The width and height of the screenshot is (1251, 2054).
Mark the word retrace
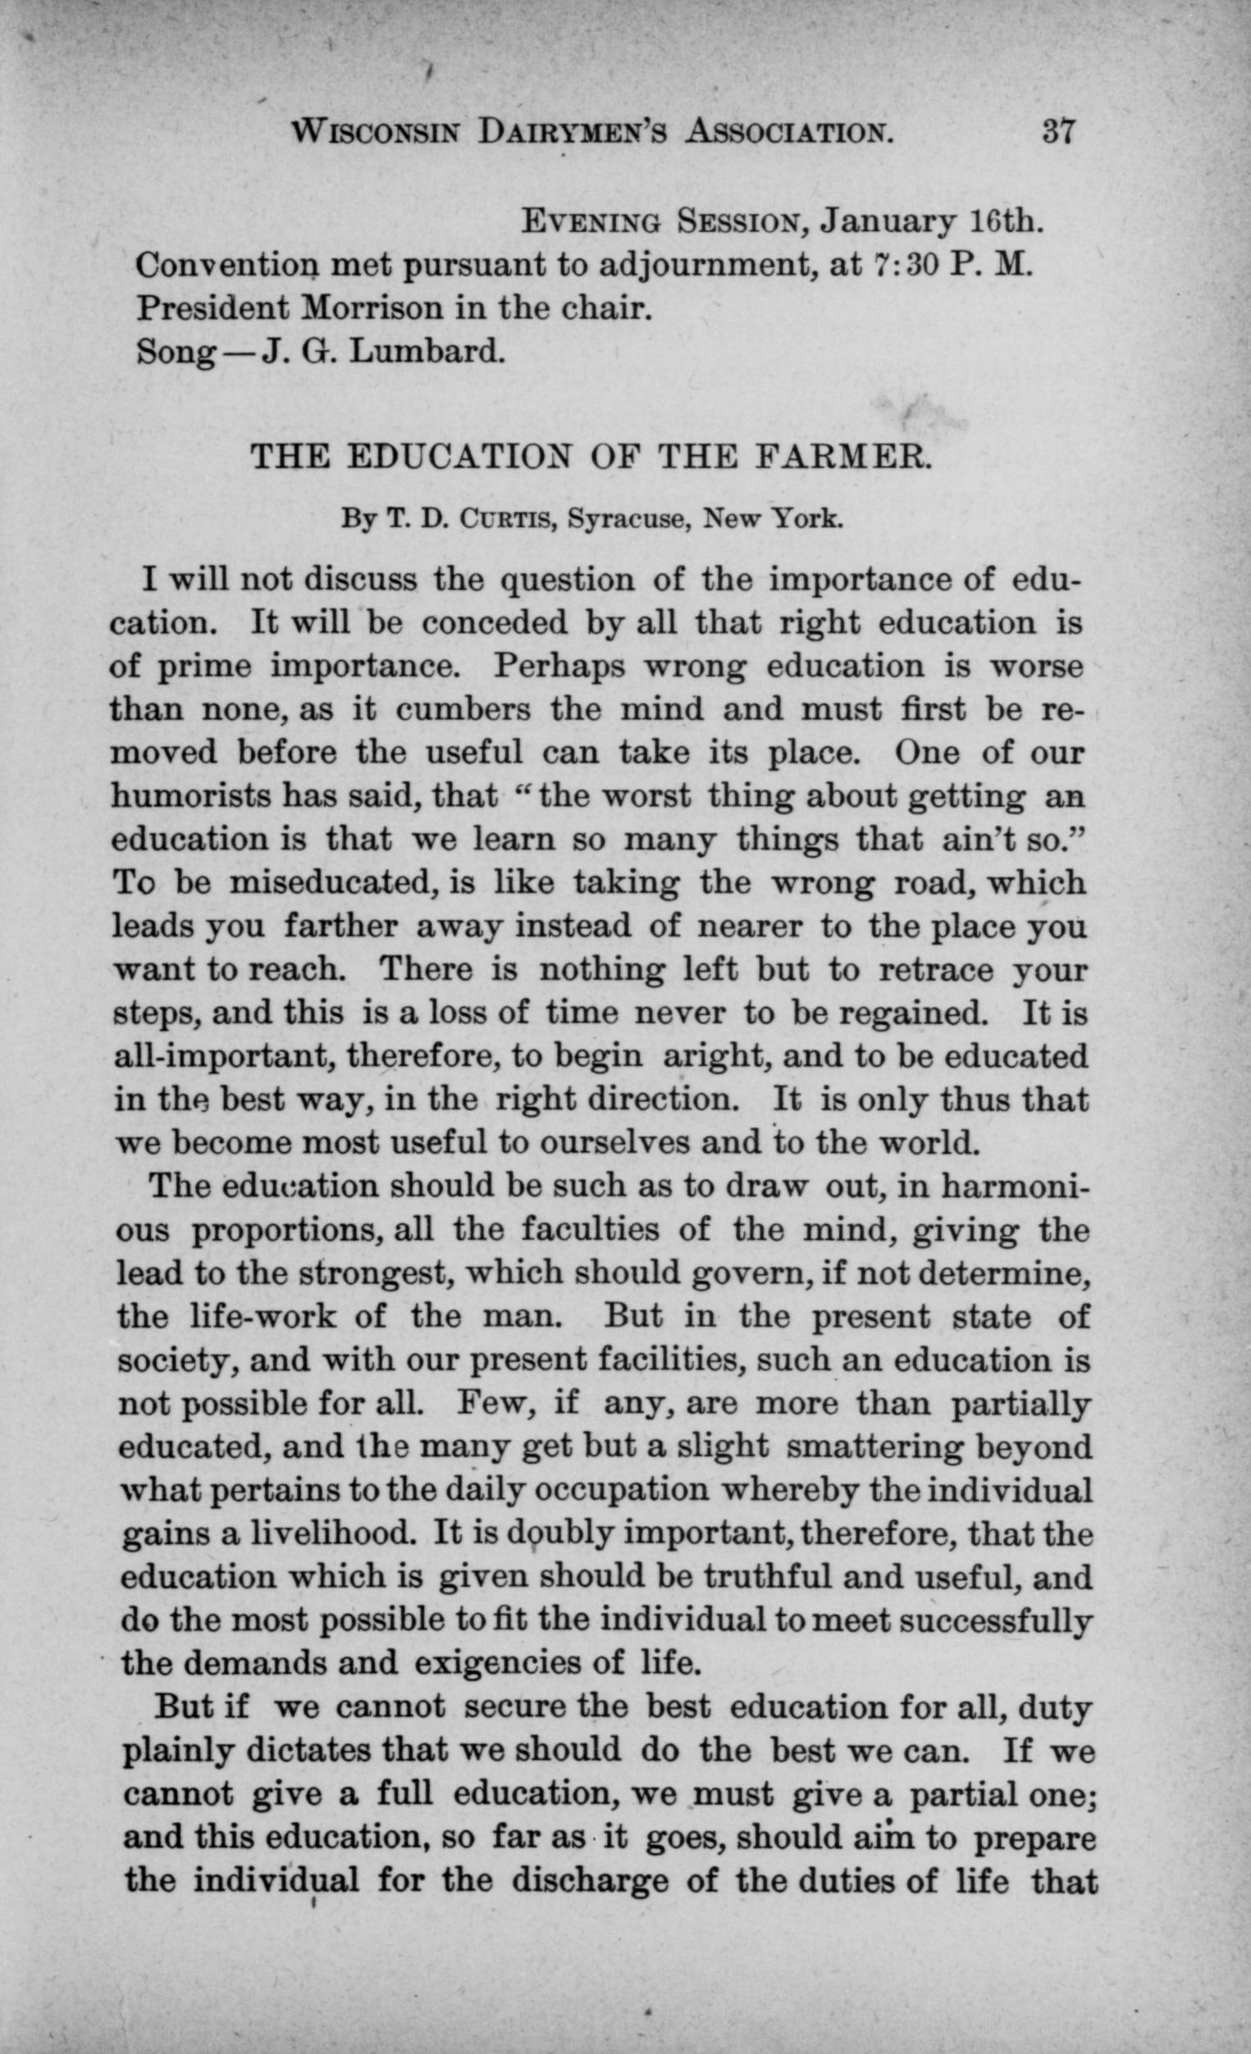point(937,970)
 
